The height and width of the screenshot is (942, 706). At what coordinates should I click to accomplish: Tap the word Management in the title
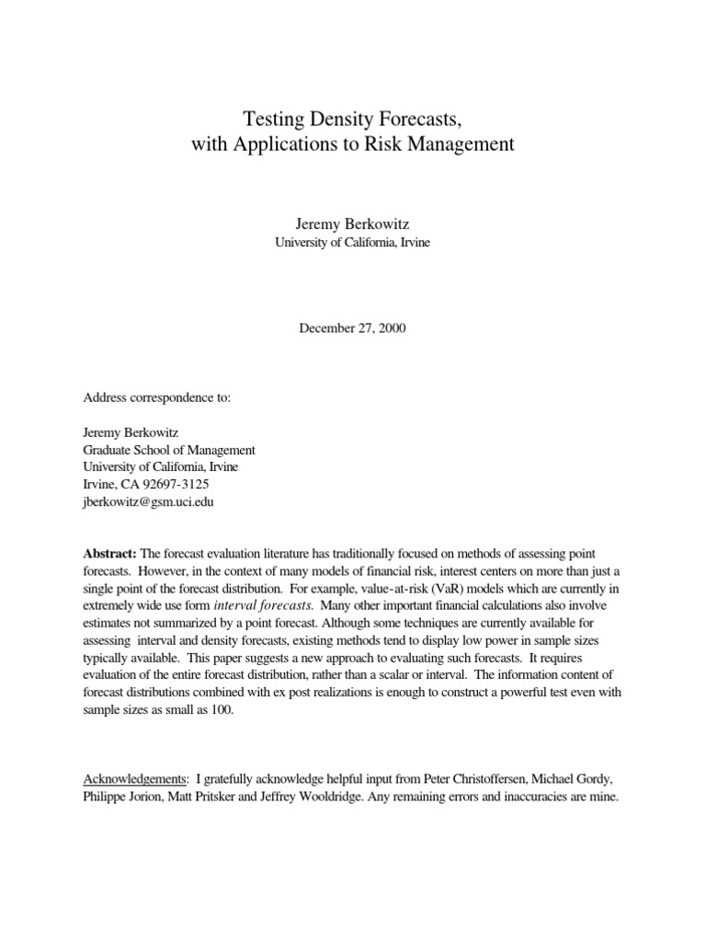[x=456, y=144]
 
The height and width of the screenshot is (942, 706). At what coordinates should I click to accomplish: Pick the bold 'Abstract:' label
[x=110, y=552]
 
